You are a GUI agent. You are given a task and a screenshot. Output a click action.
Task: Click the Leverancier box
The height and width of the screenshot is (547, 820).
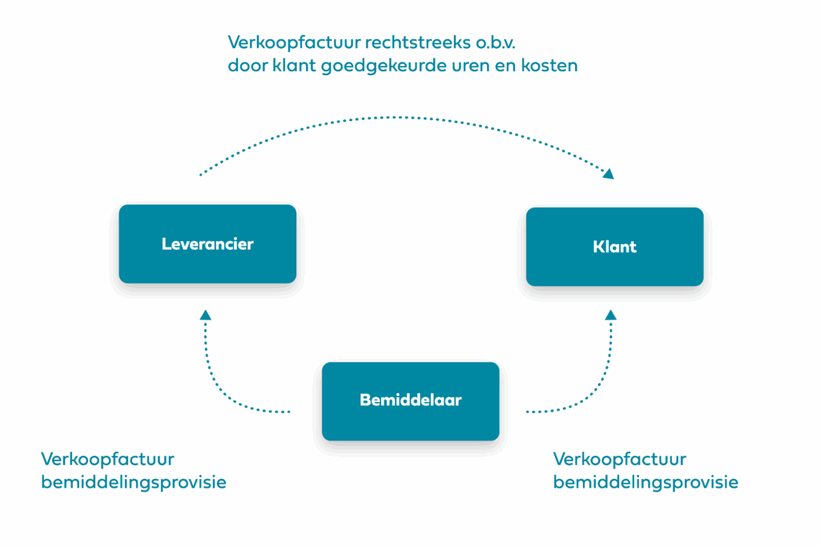point(207,243)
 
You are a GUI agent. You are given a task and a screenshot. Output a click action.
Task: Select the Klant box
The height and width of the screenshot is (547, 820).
point(614,246)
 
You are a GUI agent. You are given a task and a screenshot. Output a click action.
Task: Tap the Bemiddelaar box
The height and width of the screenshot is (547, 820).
point(410,400)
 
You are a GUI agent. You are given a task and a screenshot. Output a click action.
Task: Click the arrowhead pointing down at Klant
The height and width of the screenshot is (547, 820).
point(609,173)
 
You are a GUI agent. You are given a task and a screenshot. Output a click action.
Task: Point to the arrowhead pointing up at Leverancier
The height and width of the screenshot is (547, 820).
point(206,315)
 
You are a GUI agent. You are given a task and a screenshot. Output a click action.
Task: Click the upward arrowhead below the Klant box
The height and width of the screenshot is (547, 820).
point(610,315)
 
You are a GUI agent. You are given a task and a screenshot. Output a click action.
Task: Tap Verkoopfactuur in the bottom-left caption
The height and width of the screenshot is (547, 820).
point(107,459)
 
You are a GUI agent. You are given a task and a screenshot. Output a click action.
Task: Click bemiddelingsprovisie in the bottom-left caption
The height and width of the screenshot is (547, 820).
point(133,483)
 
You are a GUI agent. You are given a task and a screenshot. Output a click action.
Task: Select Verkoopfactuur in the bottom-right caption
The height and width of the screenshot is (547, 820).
point(619,459)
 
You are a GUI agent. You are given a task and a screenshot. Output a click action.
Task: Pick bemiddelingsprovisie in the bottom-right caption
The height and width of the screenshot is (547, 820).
point(645,483)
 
